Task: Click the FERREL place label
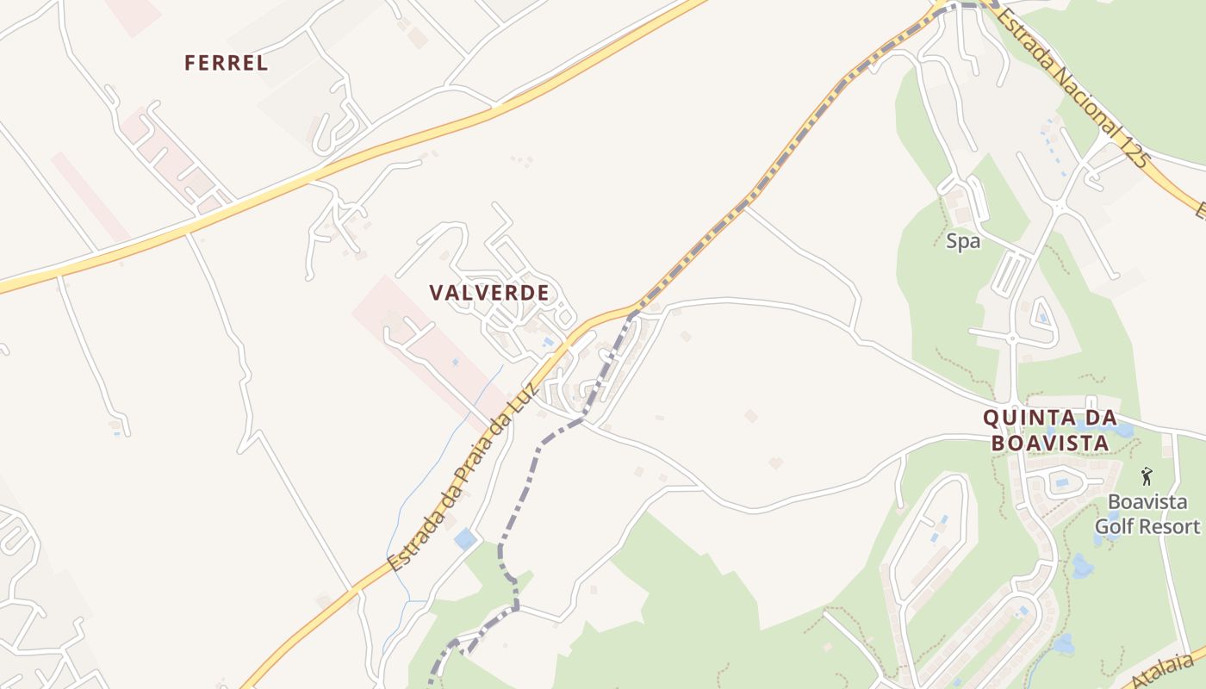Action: [226, 63]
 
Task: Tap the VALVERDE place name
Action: [489, 293]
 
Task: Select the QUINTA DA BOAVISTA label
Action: [1049, 430]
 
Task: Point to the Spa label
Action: [963, 242]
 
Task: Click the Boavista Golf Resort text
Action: [1147, 514]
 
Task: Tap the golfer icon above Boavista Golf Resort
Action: [1146, 476]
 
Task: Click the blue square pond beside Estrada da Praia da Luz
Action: [465, 539]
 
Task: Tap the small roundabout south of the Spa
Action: [1012, 338]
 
